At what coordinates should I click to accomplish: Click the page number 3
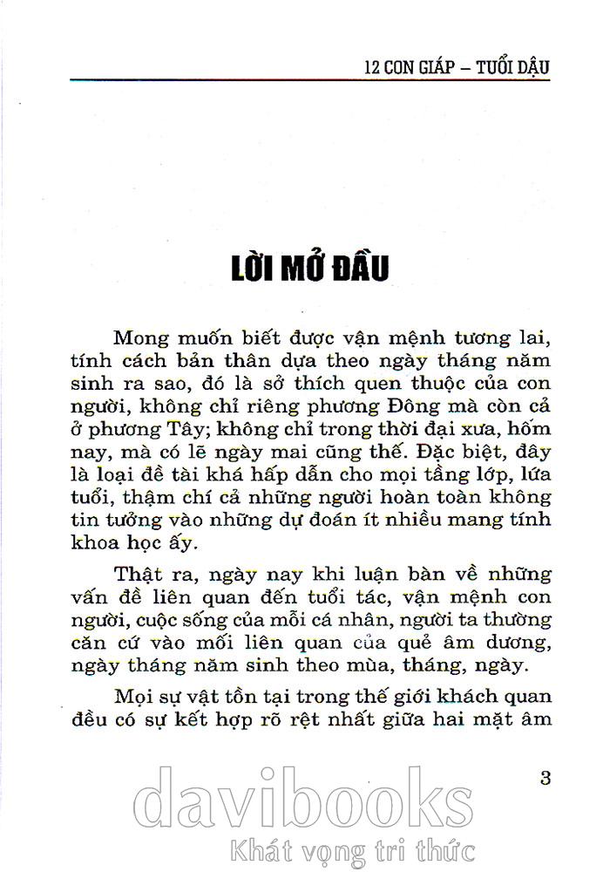point(546,778)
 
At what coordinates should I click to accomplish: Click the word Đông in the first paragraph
point(424,406)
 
